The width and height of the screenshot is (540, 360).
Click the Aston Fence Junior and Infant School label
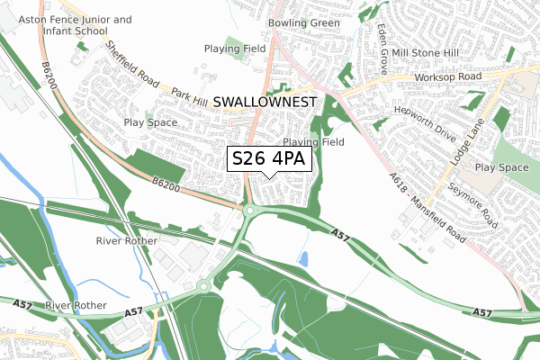pos(67,24)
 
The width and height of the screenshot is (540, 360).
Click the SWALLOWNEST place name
pos(265,103)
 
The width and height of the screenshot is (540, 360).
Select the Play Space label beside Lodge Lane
pos(501,167)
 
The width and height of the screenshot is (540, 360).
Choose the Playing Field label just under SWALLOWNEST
pos(313,142)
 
